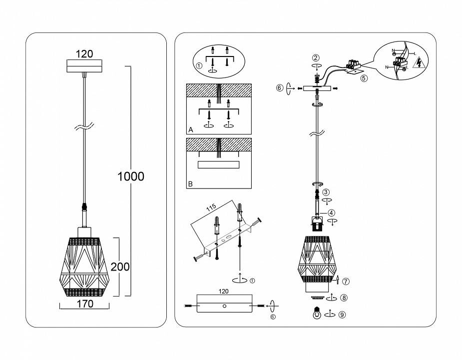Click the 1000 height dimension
coord(130,176)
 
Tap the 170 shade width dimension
coord(84,304)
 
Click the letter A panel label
coord(191,129)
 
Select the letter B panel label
coord(190,184)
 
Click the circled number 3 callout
coord(326,192)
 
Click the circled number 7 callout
coord(346,280)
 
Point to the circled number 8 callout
coord(344,298)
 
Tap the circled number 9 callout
coord(342,314)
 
